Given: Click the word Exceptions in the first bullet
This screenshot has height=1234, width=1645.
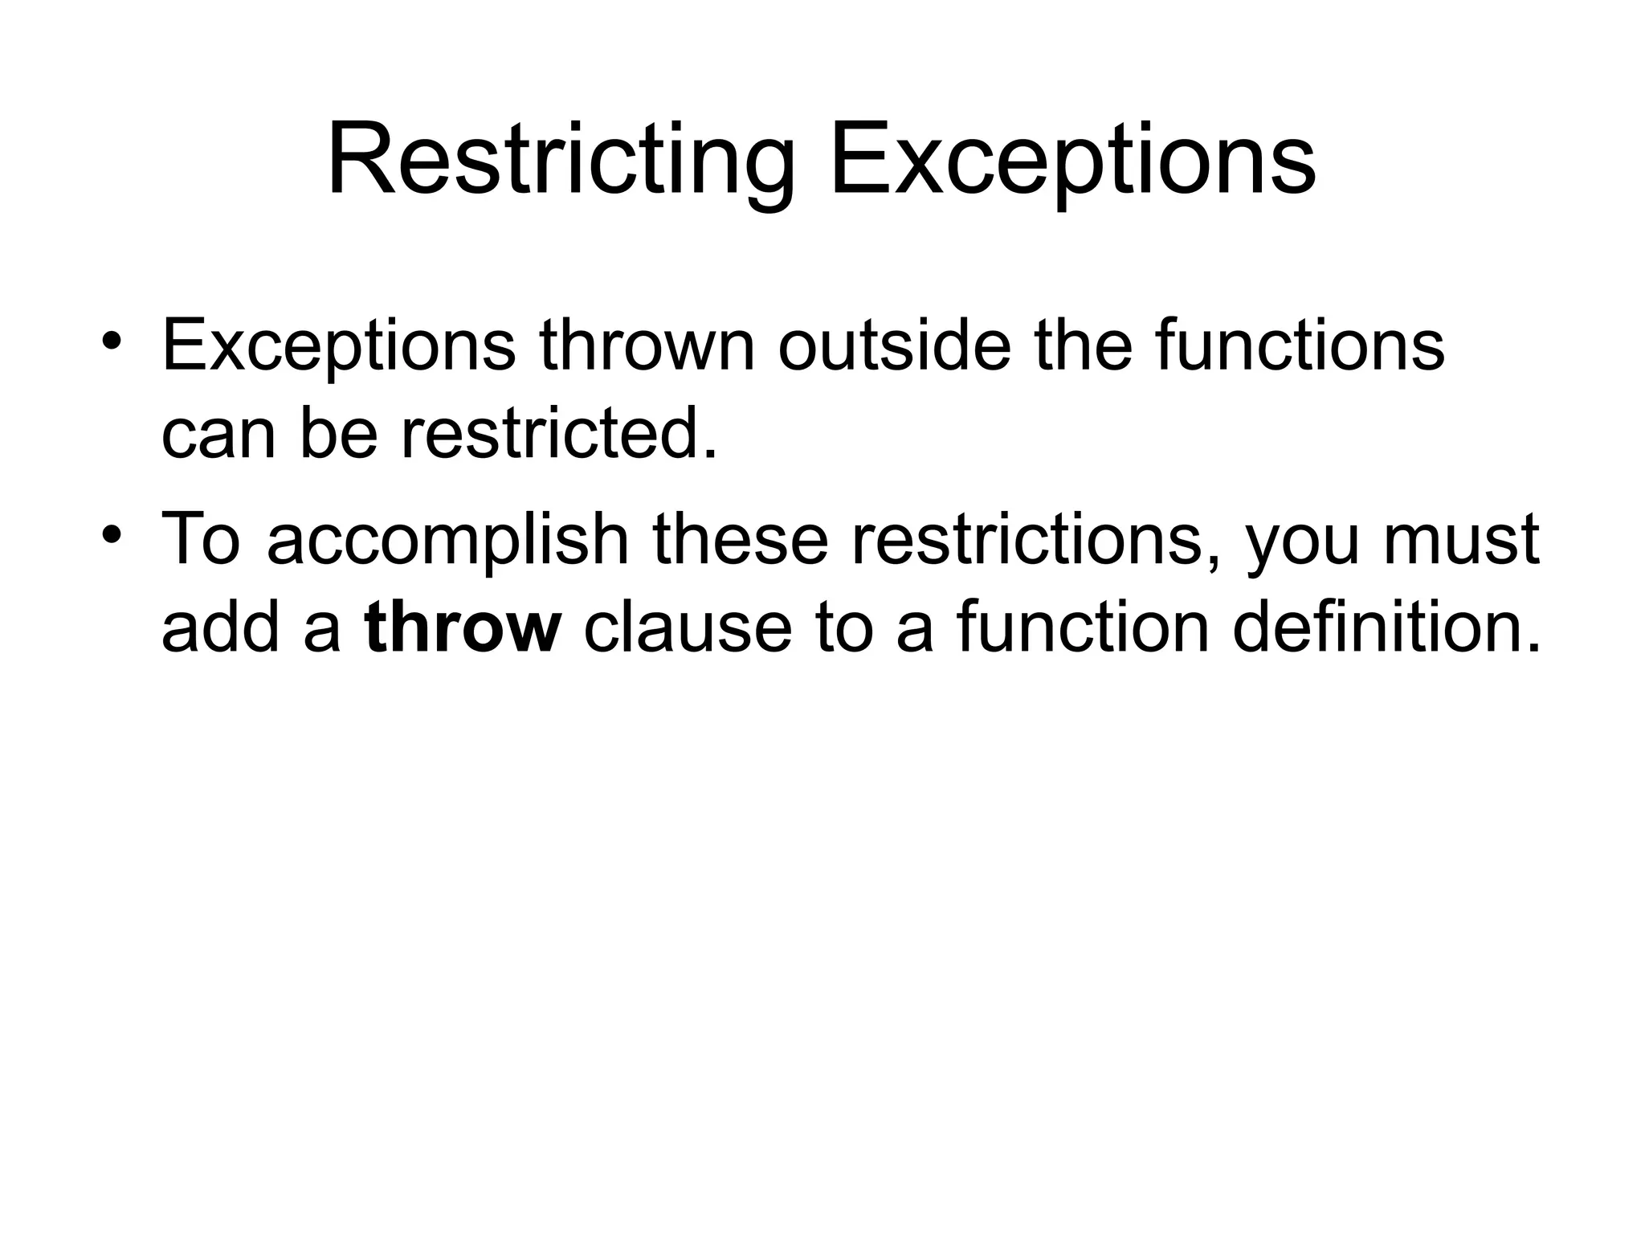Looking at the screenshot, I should coord(338,347).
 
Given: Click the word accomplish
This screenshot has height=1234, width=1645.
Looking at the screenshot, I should coord(447,540).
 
